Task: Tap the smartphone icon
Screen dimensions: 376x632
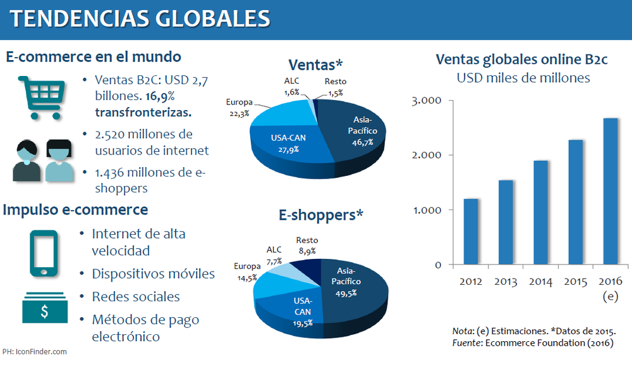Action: pos(44,253)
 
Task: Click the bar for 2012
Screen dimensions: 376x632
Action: pos(471,231)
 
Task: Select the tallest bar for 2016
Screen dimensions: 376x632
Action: pos(611,191)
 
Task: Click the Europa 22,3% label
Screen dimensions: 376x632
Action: pos(239,107)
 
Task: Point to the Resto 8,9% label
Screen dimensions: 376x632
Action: pos(307,246)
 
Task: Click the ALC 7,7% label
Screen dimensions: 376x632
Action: pos(274,256)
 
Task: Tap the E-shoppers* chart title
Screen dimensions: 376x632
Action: pos(321,215)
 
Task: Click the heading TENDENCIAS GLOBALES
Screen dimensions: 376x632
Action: pos(140,18)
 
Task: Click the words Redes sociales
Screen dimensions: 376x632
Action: pos(135,297)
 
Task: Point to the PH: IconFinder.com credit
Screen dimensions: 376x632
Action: pos(34,351)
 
